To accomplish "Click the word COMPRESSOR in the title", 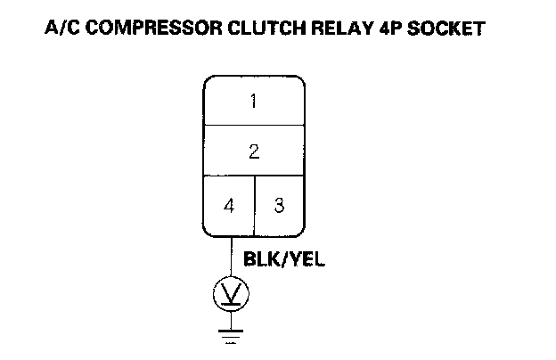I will click(x=143, y=29).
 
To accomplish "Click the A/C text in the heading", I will click(x=61, y=29).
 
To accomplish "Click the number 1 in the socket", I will click(x=254, y=102).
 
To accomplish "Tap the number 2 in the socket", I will click(x=254, y=152).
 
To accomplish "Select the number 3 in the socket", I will click(x=279, y=206).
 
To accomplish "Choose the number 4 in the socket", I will click(x=230, y=206).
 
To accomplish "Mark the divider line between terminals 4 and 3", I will click(x=255, y=206).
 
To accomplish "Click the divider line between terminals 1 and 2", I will click(x=254, y=126).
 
